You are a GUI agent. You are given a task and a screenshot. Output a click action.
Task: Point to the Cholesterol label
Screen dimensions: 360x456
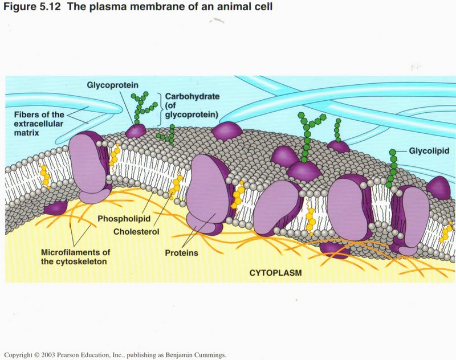pos(136,232)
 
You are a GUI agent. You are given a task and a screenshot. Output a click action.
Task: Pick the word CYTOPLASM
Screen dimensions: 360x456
pos(275,273)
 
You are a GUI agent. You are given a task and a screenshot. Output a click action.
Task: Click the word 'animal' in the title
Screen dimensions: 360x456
pos(212,7)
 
